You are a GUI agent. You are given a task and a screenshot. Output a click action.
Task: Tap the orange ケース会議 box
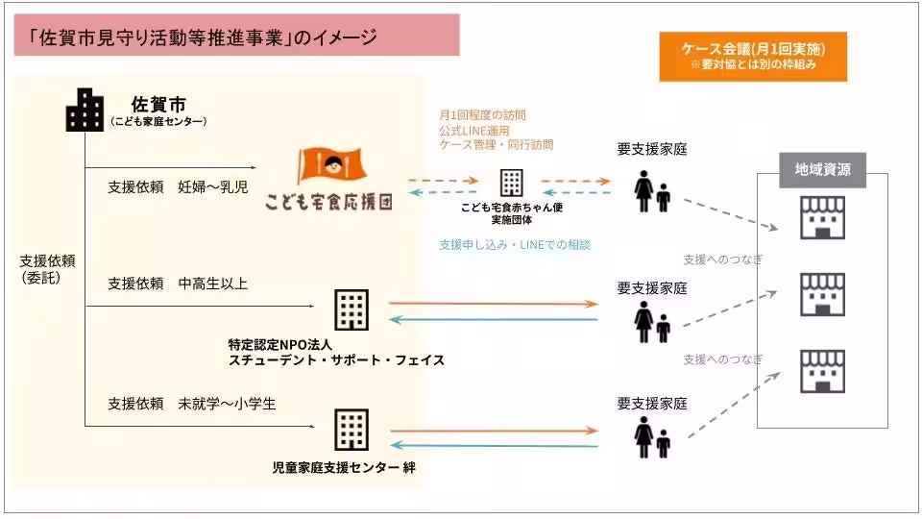click(x=753, y=57)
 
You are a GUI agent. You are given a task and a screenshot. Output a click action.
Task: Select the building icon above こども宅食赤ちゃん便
click(x=510, y=182)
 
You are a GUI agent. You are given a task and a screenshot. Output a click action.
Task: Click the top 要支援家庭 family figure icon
click(x=652, y=191)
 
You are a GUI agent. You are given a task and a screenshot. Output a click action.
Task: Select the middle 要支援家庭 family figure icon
click(x=652, y=322)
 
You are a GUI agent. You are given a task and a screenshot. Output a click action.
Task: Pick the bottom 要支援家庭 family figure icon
click(x=652, y=437)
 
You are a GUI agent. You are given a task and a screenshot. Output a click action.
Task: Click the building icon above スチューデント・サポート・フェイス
click(x=351, y=309)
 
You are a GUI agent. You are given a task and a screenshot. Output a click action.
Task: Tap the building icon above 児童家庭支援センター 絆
click(x=351, y=430)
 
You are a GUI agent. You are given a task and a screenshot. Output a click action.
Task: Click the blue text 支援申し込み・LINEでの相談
click(x=514, y=245)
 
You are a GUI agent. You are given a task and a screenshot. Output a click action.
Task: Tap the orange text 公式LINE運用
click(x=473, y=129)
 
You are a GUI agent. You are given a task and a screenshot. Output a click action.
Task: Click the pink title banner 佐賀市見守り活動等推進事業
click(x=234, y=37)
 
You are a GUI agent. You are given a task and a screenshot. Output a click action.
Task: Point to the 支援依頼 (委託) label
click(x=47, y=269)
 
